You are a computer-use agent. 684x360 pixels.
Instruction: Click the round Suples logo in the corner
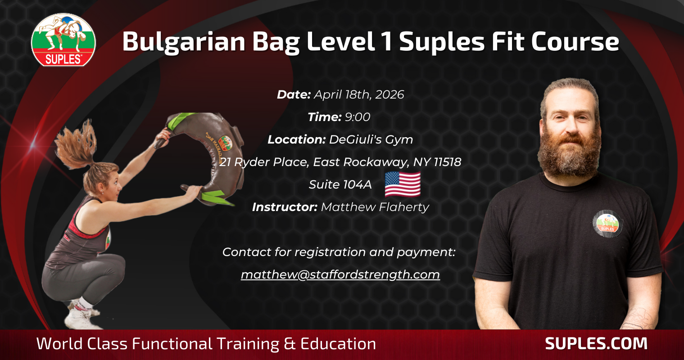63,40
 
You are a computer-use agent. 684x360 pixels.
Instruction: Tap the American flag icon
403,184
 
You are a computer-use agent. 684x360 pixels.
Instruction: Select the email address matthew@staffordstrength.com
340,274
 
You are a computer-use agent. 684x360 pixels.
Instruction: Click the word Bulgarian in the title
184,42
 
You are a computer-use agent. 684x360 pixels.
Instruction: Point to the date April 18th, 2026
359,94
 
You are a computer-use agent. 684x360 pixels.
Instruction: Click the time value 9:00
357,117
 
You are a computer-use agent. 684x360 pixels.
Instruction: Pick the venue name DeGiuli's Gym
371,140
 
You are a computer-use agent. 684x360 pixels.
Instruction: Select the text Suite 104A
340,184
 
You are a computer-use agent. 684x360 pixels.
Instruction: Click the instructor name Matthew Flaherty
375,207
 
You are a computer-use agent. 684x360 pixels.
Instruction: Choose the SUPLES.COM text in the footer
596,343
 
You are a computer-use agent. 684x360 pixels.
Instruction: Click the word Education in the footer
338,343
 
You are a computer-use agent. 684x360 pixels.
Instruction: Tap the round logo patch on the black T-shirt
607,224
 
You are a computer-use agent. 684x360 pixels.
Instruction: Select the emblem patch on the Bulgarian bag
225,143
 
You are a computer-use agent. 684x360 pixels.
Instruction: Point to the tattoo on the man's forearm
637,319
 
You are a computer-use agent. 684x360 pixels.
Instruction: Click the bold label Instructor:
285,207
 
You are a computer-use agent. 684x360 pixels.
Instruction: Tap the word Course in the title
575,42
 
